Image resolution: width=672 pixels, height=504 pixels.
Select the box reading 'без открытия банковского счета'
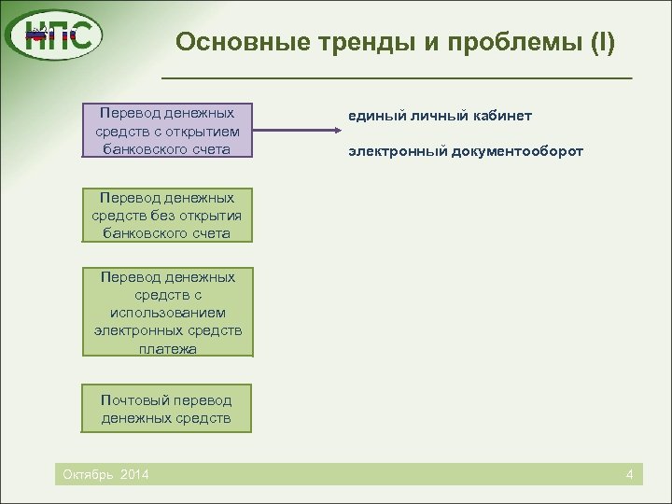pyautogui.click(x=167, y=215)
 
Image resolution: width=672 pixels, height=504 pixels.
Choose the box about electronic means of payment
pyautogui.click(x=167, y=312)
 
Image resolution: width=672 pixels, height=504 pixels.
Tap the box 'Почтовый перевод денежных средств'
pyautogui.click(x=167, y=409)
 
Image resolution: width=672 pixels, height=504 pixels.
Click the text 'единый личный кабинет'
pyautogui.click(x=441, y=115)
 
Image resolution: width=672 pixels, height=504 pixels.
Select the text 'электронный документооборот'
pyautogui.click(x=466, y=149)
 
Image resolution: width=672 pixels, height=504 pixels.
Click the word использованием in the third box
pyautogui.click(x=167, y=313)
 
